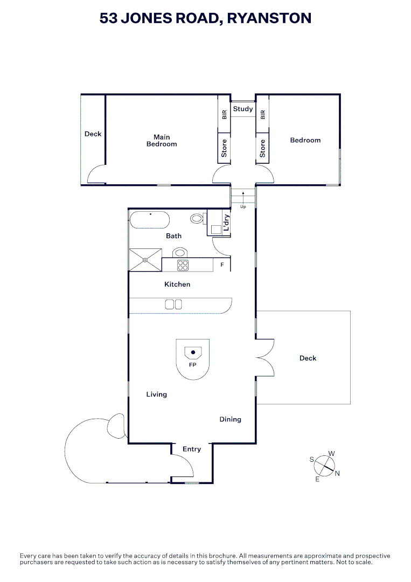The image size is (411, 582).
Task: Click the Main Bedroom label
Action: pyautogui.click(x=162, y=140)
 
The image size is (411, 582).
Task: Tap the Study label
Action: pyautogui.click(x=243, y=109)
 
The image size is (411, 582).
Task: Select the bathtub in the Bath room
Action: pyautogui.click(x=150, y=220)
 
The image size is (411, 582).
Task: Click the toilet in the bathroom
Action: pyautogui.click(x=198, y=219)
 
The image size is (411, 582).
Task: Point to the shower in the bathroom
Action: pyautogui.click(x=145, y=260)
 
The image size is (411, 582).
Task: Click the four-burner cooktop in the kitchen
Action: pyautogui.click(x=183, y=265)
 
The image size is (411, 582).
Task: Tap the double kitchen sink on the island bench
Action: pyautogui.click(x=173, y=304)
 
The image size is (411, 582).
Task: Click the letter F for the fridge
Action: pyautogui.click(x=222, y=265)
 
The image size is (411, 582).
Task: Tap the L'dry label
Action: pyautogui.click(x=227, y=223)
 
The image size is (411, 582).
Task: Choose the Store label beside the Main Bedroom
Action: pyautogui.click(x=224, y=148)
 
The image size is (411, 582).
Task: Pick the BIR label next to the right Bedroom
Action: pyautogui.click(x=263, y=114)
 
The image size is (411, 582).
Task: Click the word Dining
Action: pyautogui.click(x=230, y=419)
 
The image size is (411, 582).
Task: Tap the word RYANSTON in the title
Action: pyautogui.click(x=269, y=18)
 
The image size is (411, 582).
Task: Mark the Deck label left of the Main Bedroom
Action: pyautogui.click(x=93, y=134)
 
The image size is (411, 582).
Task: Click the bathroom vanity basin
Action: pyautogui.click(x=179, y=252)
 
